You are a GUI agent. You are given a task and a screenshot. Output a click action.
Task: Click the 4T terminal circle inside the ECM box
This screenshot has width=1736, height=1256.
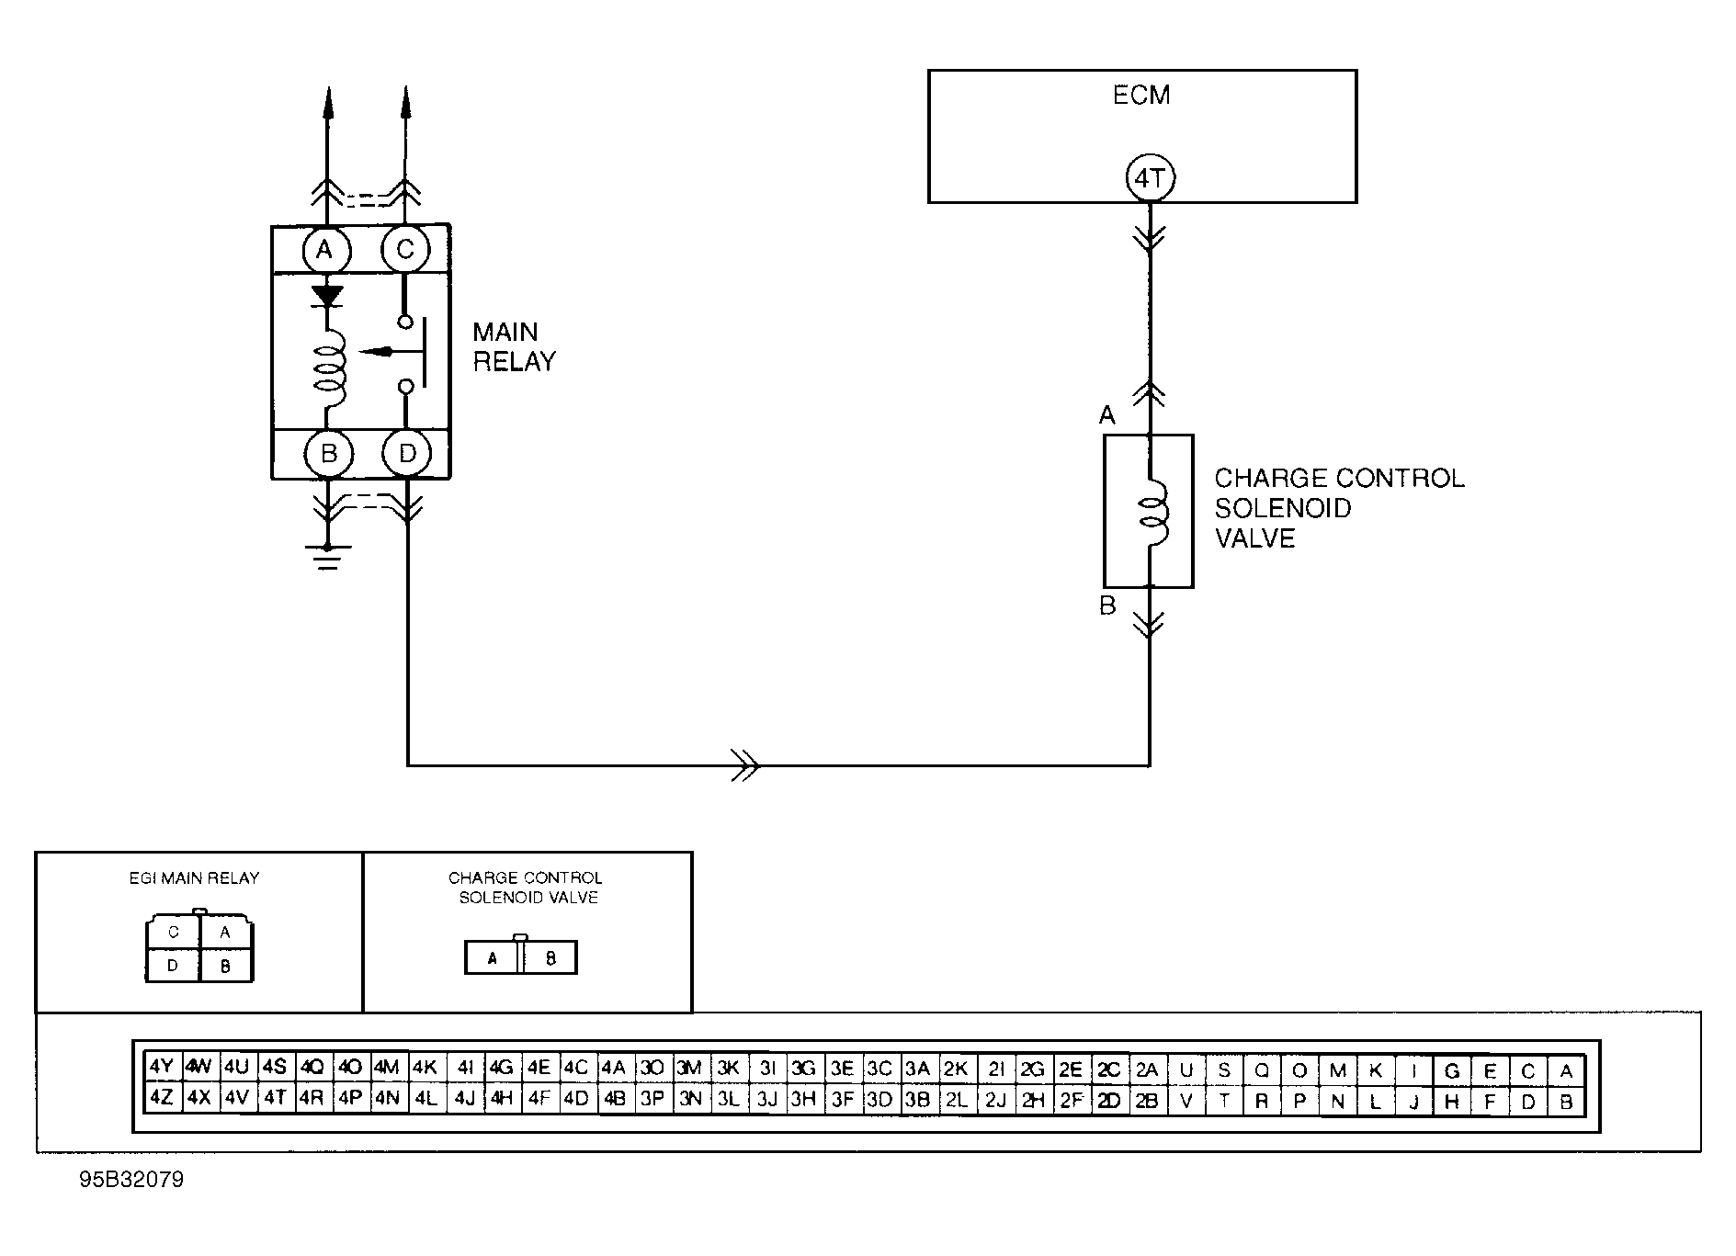pos(1150,178)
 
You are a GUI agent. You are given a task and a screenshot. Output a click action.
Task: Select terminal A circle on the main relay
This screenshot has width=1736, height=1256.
pos(324,249)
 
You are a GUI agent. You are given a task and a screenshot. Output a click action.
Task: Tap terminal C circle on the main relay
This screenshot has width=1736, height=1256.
pos(405,249)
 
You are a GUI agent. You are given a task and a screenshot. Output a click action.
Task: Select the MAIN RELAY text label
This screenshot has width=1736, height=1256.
pos(514,346)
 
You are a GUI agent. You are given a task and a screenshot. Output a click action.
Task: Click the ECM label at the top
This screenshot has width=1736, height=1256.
pos(1141,96)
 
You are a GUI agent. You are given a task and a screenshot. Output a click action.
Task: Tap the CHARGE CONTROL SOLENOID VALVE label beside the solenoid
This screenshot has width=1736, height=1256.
pos(1338,508)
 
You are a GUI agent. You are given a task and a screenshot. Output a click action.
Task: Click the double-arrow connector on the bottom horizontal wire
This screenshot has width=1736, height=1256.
pos(745,764)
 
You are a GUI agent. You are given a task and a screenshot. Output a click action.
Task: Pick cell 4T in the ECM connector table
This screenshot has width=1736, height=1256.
pos(275,1098)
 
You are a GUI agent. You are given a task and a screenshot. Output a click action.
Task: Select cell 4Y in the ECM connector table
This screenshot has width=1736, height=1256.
pos(162,1068)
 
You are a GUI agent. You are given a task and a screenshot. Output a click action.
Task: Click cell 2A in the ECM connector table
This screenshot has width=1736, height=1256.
pos(1146,1069)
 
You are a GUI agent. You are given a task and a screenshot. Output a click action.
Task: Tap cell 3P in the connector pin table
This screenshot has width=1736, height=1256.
pos(652,1099)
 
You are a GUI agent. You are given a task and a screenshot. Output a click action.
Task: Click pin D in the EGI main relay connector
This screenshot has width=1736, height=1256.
pos(173,966)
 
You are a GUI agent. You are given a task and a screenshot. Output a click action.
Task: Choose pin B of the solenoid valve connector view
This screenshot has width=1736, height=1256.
pos(550,958)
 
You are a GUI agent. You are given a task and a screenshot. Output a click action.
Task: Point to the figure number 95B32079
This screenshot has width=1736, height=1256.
pos(131,1180)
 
